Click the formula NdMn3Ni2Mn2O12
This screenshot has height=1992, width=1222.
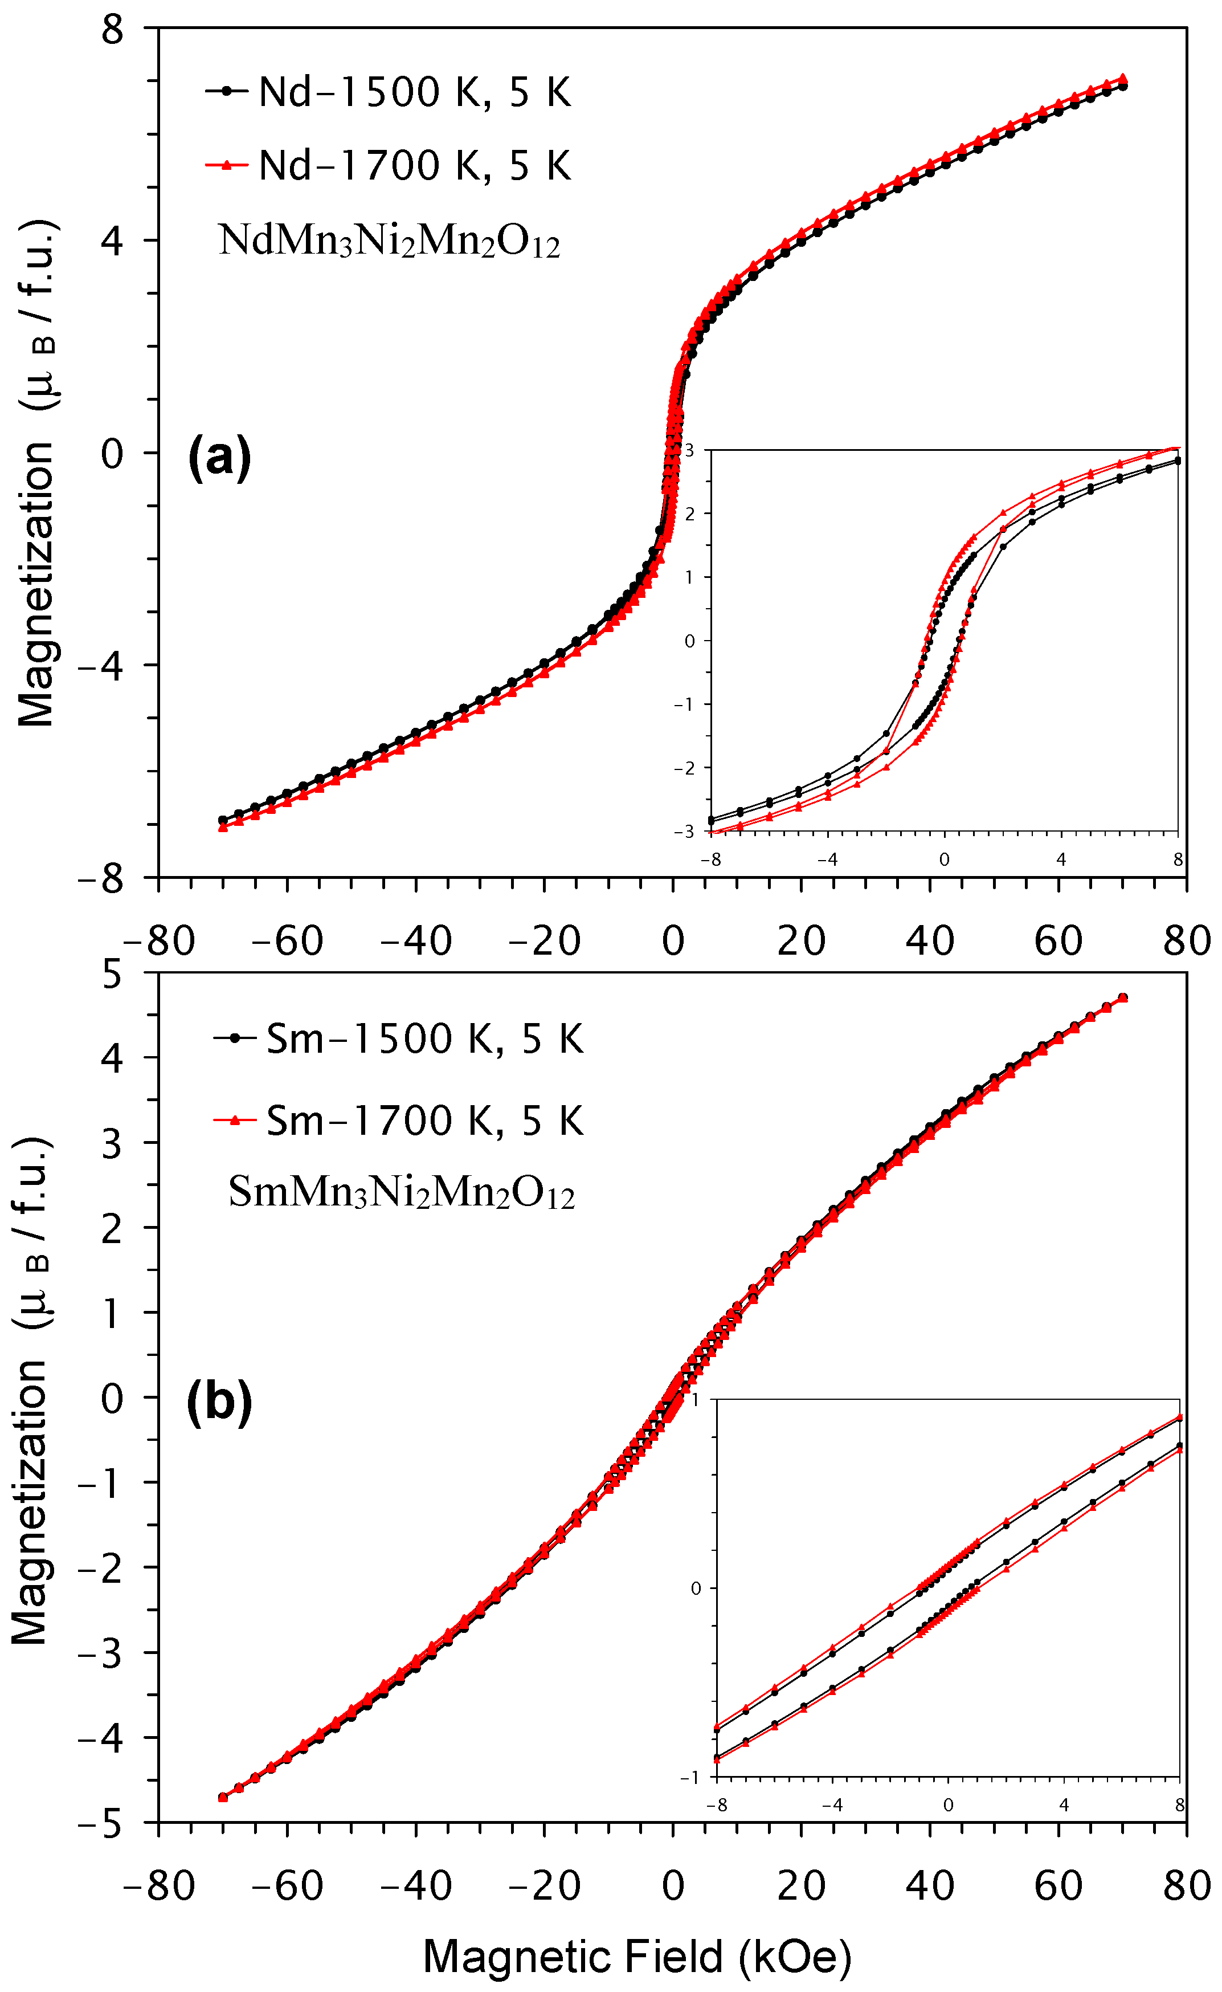pyautogui.click(x=389, y=242)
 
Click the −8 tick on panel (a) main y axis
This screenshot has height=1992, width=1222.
pyautogui.click(x=100, y=878)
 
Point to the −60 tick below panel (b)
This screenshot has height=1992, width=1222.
pyautogui.click(x=287, y=1886)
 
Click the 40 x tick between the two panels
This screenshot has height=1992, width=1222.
pyautogui.click(x=929, y=941)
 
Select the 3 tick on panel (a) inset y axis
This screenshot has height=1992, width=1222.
pyautogui.click(x=689, y=450)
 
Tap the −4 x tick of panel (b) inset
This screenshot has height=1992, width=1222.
pyautogui.click(x=832, y=1805)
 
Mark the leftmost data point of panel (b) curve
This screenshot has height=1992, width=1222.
pyautogui.click(x=223, y=1797)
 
